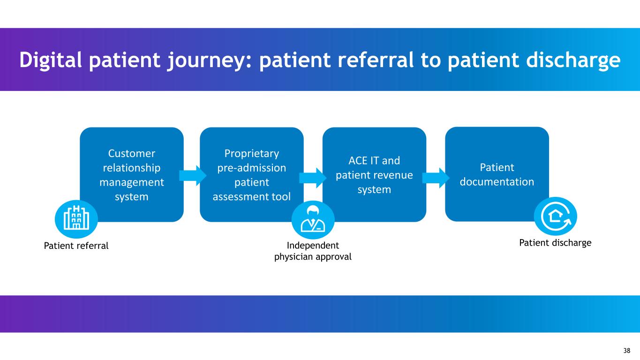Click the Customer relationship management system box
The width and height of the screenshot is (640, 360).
pyautogui.click(x=132, y=174)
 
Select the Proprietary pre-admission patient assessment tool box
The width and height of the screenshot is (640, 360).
pyautogui.click(x=251, y=174)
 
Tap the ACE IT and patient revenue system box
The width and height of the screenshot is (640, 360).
pyautogui.click(x=374, y=174)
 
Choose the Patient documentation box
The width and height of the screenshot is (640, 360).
pyautogui.click(x=497, y=174)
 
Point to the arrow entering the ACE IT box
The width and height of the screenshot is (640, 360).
pyautogui.click(x=312, y=178)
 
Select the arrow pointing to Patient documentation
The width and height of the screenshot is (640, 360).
pyautogui.click(x=436, y=178)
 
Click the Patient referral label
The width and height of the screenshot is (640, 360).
pyautogui.click(x=76, y=246)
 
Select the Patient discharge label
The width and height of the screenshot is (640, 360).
pyautogui.click(x=556, y=243)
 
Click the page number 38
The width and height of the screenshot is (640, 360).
pyautogui.click(x=627, y=351)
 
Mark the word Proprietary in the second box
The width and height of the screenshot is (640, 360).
pyautogui.click(x=252, y=153)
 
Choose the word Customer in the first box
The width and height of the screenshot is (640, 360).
pyautogui.click(x=132, y=153)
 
